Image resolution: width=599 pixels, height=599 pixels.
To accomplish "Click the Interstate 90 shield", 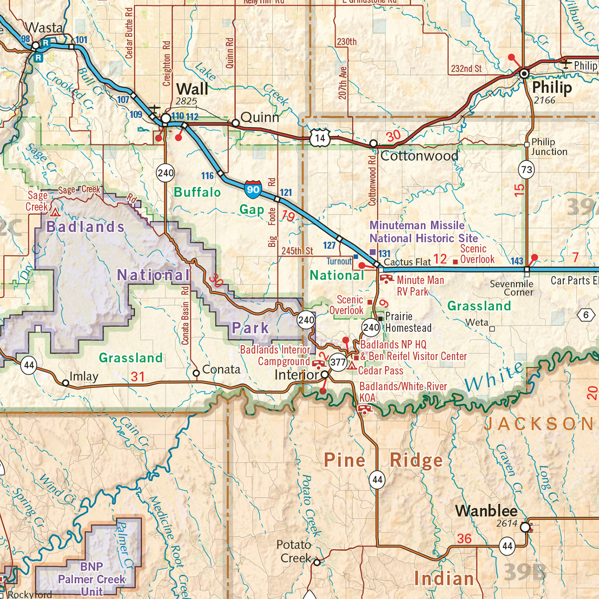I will point(253,189).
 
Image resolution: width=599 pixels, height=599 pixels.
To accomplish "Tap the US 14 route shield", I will point(320,138).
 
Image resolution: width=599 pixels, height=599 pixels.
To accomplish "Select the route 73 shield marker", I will point(527,170).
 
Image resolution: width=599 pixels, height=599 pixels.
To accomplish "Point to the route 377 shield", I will point(338,362).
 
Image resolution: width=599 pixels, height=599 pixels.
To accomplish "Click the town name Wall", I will point(192,89).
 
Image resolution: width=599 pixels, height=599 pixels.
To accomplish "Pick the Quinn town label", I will point(260,117).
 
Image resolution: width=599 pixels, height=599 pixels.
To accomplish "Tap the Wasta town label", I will point(44,28).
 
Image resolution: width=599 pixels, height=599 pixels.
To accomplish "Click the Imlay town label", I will point(84,376).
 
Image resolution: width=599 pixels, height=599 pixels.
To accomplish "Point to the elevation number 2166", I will point(544,100).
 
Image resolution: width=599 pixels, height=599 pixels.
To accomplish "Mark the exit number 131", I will point(384,254).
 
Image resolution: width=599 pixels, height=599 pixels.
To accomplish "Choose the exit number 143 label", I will point(517,261).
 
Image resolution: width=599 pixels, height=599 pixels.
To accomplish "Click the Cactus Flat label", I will point(407,262).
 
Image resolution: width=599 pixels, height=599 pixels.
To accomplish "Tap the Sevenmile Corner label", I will point(512,288).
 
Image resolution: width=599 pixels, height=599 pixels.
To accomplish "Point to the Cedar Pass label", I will point(380,370).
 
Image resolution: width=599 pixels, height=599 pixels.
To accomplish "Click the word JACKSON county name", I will point(539,424).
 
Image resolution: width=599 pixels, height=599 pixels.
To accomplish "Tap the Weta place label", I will point(477,322).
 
